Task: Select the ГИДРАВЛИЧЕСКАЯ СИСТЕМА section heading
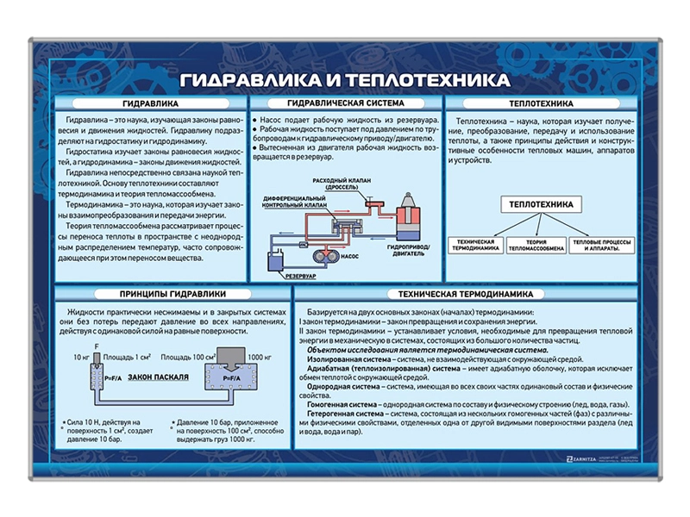tap(344, 101)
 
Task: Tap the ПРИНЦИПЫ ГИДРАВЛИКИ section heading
tap(173, 293)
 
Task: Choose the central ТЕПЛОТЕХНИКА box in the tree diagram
tap(539, 204)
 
